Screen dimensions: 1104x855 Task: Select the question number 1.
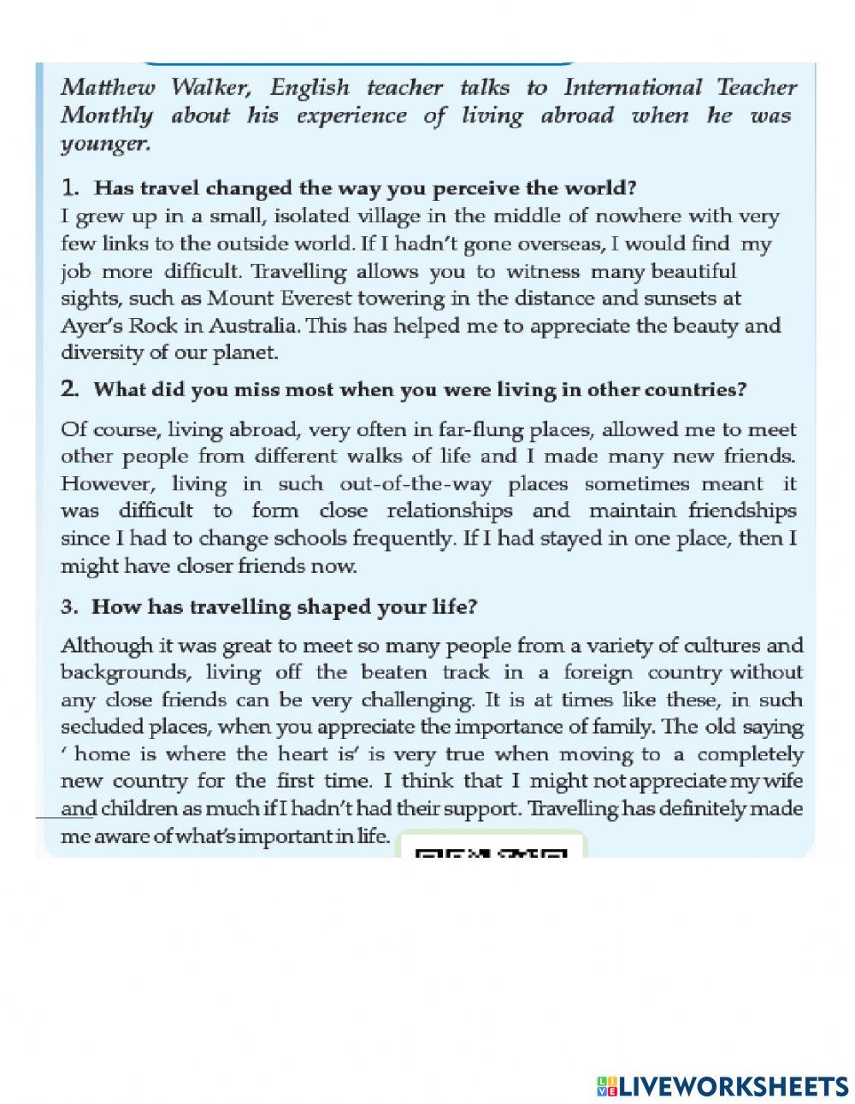[x=70, y=187]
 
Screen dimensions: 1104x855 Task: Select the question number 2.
[x=70, y=390]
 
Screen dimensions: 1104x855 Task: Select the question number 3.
[x=69, y=607]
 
